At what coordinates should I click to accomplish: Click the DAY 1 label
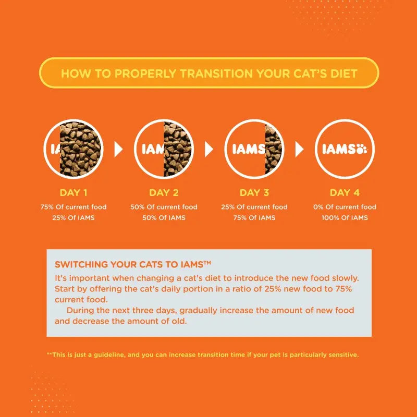[73, 193]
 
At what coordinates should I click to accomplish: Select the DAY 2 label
[164, 193]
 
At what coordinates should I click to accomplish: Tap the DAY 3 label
[254, 193]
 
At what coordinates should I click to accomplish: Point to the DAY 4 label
[345, 193]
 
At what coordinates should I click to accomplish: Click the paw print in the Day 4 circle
[361, 150]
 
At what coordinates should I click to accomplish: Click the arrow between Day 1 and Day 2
[118, 150]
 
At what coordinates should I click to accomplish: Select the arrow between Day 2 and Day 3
[209, 150]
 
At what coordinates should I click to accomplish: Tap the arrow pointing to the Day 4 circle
[299, 150]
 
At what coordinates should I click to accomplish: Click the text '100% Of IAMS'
[345, 217]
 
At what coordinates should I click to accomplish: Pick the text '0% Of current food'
[345, 207]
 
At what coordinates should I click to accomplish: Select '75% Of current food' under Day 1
[73, 207]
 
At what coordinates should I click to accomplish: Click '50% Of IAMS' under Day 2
[164, 217]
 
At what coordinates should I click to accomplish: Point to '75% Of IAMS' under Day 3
[254, 217]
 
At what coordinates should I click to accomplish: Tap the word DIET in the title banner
[342, 73]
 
